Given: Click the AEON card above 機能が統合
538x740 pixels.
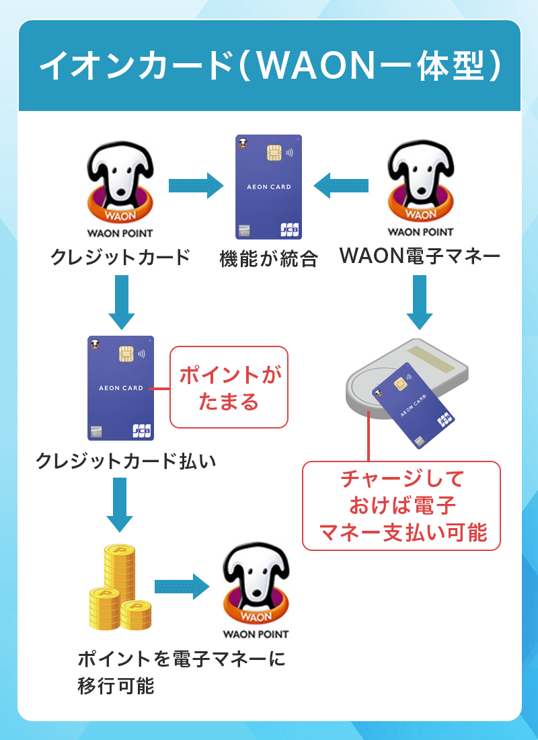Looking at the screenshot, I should [x=268, y=187].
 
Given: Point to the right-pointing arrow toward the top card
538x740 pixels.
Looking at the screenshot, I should [x=195, y=186].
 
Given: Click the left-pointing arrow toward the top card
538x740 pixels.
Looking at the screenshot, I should [x=342, y=186].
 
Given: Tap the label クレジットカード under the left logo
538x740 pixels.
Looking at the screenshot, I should [x=120, y=257].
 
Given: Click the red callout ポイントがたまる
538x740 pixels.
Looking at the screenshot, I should [x=229, y=387].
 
